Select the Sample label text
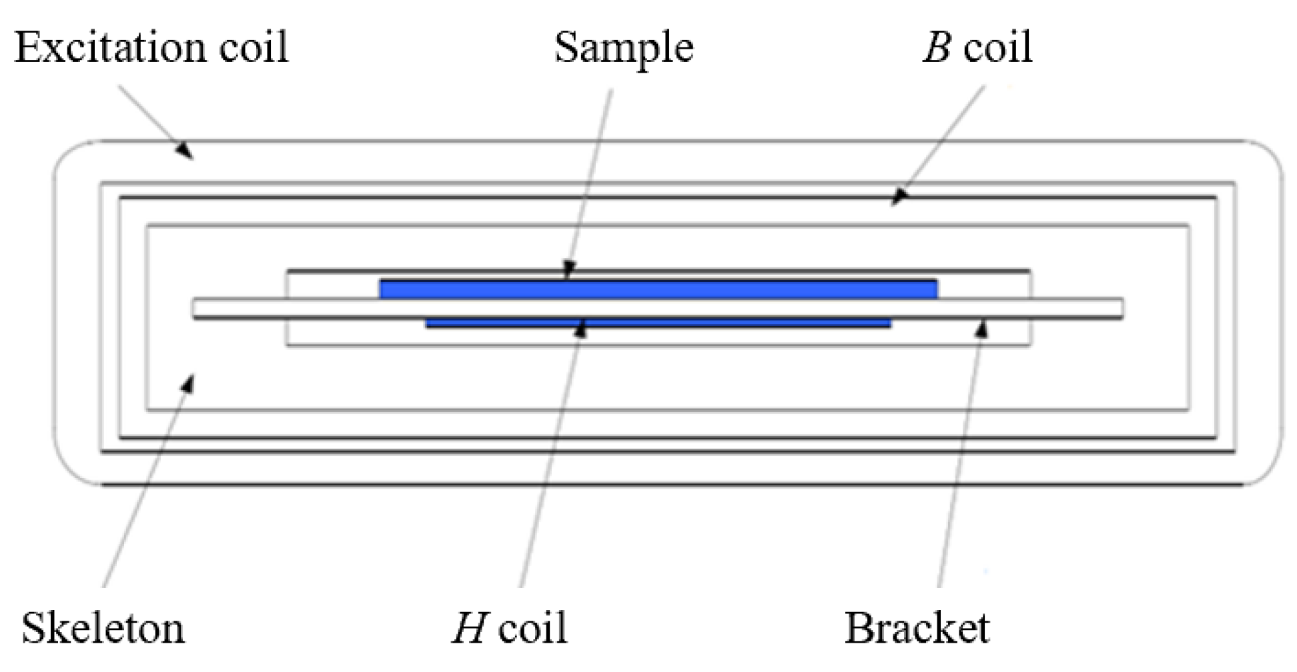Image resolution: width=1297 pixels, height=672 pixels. pos(624,48)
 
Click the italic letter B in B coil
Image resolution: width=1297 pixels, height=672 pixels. pos(937,47)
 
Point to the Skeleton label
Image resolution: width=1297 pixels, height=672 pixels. pos(103,628)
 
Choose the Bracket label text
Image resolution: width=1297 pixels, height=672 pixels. pos(917,628)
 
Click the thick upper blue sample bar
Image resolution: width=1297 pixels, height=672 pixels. pos(658,289)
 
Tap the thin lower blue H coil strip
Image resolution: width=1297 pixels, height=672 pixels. pos(658,323)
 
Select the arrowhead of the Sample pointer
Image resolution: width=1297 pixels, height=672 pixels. pos(568,271)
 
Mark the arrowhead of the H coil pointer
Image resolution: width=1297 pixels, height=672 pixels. pos(580,328)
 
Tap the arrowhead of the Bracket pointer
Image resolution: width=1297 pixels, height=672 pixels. pos(981,328)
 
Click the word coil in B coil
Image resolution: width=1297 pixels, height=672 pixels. pos(997,47)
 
